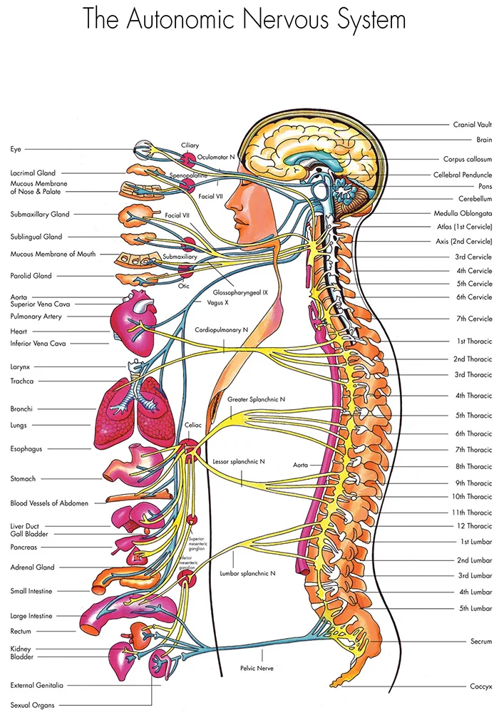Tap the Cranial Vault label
coord(472,125)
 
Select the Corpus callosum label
coord(467,160)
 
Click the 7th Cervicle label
coord(473,319)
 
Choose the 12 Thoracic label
coord(474,526)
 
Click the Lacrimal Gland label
coord(43,173)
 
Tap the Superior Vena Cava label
coord(41,304)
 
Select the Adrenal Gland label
coord(33,567)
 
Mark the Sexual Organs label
coord(33,705)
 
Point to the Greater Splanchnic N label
coord(257,400)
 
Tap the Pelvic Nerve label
coord(257,668)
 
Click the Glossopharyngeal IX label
coord(240,292)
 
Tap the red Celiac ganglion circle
coord(190,448)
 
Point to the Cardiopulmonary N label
coord(222,330)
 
